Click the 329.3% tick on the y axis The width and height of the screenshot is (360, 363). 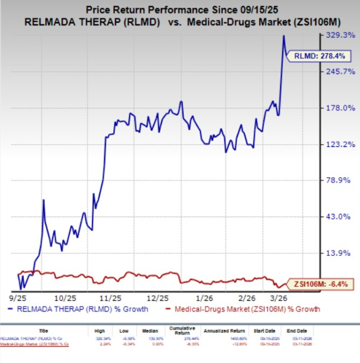[x=342, y=35]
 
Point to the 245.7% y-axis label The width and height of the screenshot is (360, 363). [x=342, y=71]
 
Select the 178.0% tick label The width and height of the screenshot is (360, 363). [x=342, y=108]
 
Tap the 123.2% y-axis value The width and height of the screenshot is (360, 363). [x=342, y=144]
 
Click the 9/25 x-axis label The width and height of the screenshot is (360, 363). [x=23, y=296]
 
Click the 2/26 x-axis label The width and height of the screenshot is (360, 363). [x=246, y=296]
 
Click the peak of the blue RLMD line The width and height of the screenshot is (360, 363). [x=283, y=36]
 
